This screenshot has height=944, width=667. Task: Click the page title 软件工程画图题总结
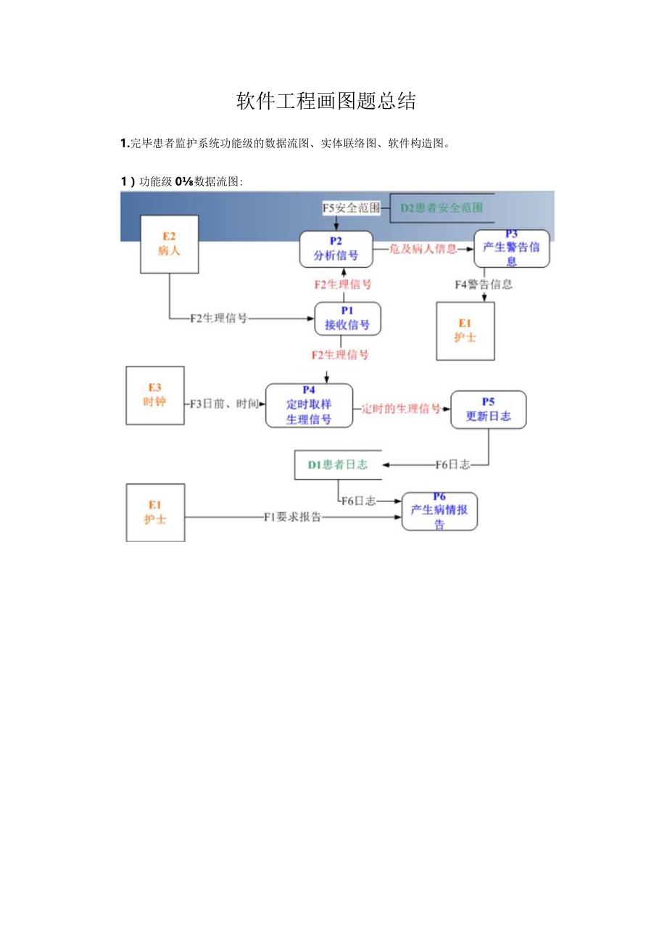(326, 102)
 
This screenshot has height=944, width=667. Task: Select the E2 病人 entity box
(169, 244)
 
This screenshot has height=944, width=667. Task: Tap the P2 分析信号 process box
(336, 249)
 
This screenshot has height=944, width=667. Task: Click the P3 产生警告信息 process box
(511, 248)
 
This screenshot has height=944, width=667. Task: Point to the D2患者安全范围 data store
(442, 208)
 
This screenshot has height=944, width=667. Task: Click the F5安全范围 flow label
(351, 208)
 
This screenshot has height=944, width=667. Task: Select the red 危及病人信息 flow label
(423, 249)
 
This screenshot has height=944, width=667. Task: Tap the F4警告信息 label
(484, 284)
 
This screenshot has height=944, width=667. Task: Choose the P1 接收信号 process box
(347, 319)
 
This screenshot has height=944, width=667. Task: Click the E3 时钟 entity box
(155, 395)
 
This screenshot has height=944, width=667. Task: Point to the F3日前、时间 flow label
(224, 404)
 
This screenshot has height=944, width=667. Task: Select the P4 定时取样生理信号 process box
(309, 406)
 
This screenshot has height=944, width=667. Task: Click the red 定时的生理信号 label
(402, 409)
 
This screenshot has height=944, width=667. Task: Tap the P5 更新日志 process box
(488, 409)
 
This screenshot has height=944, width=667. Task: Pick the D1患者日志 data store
(337, 464)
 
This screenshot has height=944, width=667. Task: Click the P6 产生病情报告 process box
(439, 511)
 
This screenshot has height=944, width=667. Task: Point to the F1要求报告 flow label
(292, 517)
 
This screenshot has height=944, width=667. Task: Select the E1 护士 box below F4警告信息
(465, 331)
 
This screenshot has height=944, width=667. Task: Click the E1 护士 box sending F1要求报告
(155, 512)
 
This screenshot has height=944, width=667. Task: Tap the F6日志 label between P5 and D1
(452, 464)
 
